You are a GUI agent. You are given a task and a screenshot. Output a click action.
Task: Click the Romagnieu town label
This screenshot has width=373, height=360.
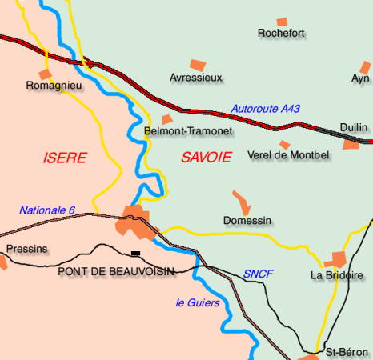pyautogui.click(x=52, y=85)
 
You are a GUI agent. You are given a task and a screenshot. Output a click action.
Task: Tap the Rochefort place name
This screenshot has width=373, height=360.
pyautogui.click(x=282, y=34)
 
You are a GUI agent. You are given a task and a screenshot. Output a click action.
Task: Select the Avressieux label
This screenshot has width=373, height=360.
pyautogui.click(x=196, y=78)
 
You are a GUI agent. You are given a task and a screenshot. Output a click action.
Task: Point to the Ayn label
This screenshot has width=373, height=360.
pyautogui.click(x=360, y=78)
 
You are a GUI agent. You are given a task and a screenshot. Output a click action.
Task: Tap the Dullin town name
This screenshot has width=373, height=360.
pyautogui.click(x=353, y=127)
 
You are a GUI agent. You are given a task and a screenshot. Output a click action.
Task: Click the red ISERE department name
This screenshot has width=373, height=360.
pyautogui.click(x=64, y=158)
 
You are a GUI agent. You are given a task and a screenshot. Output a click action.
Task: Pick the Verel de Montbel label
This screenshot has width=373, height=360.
pyautogui.click(x=289, y=155)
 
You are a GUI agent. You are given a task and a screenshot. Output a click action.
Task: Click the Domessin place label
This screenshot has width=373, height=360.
pyautogui.click(x=247, y=220)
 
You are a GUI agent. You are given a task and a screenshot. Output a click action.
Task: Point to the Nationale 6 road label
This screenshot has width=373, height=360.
pyautogui.click(x=47, y=210)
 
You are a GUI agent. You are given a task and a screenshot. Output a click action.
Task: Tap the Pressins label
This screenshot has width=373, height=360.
pyautogui.click(x=26, y=250)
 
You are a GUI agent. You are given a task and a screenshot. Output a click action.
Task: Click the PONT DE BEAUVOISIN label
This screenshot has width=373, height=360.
pyautogui.click(x=116, y=272)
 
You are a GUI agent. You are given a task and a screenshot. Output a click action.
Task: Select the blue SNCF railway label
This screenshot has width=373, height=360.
pyautogui.click(x=259, y=274)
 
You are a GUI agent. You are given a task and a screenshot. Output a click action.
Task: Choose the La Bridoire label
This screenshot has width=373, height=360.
pyautogui.click(x=336, y=275)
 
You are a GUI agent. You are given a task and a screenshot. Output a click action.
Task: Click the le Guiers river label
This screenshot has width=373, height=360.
pyautogui.click(x=197, y=302)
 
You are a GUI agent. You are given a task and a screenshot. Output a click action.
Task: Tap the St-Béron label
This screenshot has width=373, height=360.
pyautogui.click(x=347, y=352)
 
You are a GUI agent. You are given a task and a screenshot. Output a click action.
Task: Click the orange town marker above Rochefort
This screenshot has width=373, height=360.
pyautogui.click(x=282, y=22)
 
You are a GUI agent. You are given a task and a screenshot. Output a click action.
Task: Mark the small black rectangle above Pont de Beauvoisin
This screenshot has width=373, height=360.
pyautogui.click(x=135, y=254)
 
